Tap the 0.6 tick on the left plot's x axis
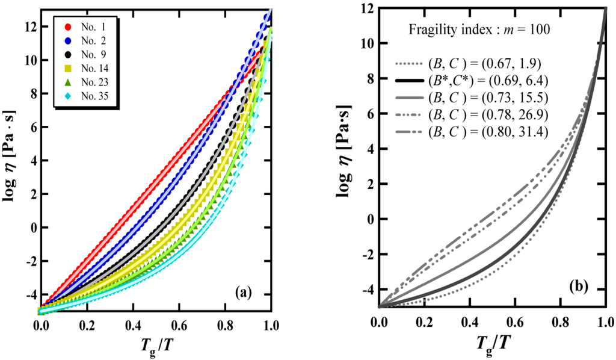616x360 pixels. [179, 324]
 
